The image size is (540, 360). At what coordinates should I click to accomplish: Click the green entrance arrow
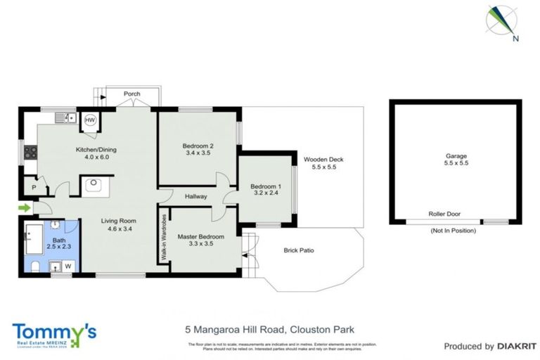(x=25, y=207)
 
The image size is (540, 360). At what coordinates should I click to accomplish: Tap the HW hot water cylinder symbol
(x=90, y=120)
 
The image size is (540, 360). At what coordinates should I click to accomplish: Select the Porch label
(x=131, y=94)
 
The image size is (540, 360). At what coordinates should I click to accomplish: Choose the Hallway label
(x=196, y=197)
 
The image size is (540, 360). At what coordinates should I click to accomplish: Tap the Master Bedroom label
(x=200, y=237)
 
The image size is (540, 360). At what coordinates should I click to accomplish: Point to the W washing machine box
(x=68, y=266)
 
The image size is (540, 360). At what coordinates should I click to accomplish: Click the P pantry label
(x=34, y=187)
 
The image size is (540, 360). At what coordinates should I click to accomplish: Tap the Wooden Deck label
(x=323, y=160)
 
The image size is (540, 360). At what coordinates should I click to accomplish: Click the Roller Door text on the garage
(x=444, y=214)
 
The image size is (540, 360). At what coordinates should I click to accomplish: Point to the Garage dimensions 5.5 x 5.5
(x=456, y=163)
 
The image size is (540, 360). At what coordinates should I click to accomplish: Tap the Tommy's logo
(x=54, y=333)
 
